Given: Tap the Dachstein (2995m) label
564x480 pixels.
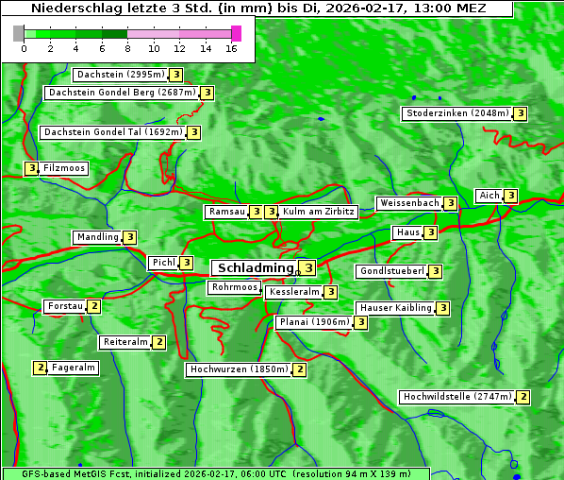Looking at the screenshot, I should click(x=121, y=75).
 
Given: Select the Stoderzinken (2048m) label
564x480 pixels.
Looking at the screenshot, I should click(x=456, y=113).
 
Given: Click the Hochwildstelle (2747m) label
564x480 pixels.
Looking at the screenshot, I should click(x=456, y=397).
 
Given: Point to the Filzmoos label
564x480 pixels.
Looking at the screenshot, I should click(x=64, y=168).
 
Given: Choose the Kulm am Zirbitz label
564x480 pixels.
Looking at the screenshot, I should click(x=319, y=212).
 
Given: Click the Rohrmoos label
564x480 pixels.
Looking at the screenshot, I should click(x=235, y=287).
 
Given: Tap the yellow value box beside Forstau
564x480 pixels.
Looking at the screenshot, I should click(x=93, y=306).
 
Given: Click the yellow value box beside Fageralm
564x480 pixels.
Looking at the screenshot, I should click(x=40, y=368).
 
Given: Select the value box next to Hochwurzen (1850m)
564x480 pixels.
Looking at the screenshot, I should click(x=299, y=369).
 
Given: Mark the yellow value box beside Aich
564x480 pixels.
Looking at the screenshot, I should click(x=510, y=196).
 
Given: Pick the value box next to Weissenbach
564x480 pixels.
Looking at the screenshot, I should click(x=451, y=203).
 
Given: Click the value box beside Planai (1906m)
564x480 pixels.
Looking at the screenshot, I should click(x=360, y=322).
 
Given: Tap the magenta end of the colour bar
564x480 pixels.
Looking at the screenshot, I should click(x=236, y=33).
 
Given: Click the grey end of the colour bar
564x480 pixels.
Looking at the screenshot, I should click(x=19, y=33).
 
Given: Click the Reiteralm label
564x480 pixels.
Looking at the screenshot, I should click(x=125, y=342).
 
